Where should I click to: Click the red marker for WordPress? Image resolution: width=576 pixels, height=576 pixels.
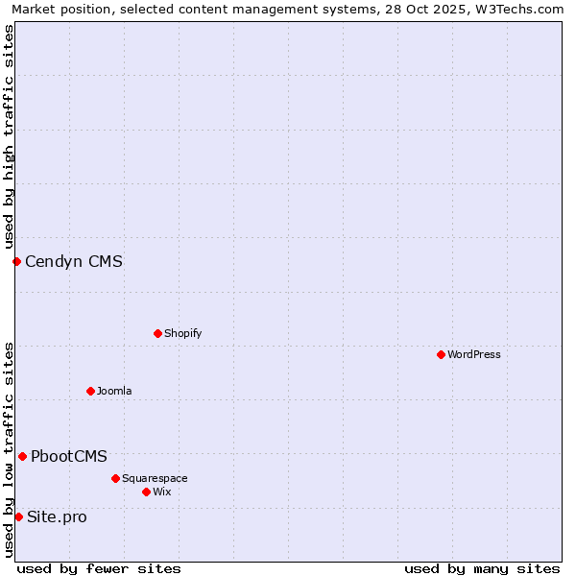click(x=441, y=354)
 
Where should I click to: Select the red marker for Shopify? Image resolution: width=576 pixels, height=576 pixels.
click(x=157, y=333)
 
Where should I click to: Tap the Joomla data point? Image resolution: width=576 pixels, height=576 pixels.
click(x=90, y=391)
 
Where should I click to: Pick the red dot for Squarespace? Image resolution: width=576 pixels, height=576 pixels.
click(x=115, y=478)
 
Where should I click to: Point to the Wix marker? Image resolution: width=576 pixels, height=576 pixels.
click(x=146, y=492)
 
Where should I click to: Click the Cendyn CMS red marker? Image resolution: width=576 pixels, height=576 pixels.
click(x=16, y=261)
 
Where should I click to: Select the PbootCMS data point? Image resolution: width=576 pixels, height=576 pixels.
click(x=22, y=456)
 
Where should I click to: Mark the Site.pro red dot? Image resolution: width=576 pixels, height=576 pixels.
click(x=18, y=516)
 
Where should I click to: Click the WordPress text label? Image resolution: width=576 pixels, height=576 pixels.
click(x=474, y=354)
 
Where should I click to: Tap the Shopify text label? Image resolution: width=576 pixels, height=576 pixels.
click(x=182, y=333)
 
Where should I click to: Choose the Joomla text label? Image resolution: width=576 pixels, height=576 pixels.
click(x=114, y=391)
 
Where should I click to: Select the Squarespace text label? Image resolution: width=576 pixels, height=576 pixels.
click(x=155, y=478)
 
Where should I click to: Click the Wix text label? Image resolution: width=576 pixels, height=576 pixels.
click(x=162, y=492)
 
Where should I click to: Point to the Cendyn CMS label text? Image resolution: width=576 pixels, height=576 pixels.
click(x=74, y=261)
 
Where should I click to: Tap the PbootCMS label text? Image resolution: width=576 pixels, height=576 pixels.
click(x=69, y=456)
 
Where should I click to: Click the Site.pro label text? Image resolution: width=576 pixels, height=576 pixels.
click(x=57, y=516)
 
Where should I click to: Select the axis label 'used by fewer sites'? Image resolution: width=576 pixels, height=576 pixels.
click(x=99, y=568)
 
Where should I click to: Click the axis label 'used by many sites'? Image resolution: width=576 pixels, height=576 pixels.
click(x=482, y=568)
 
